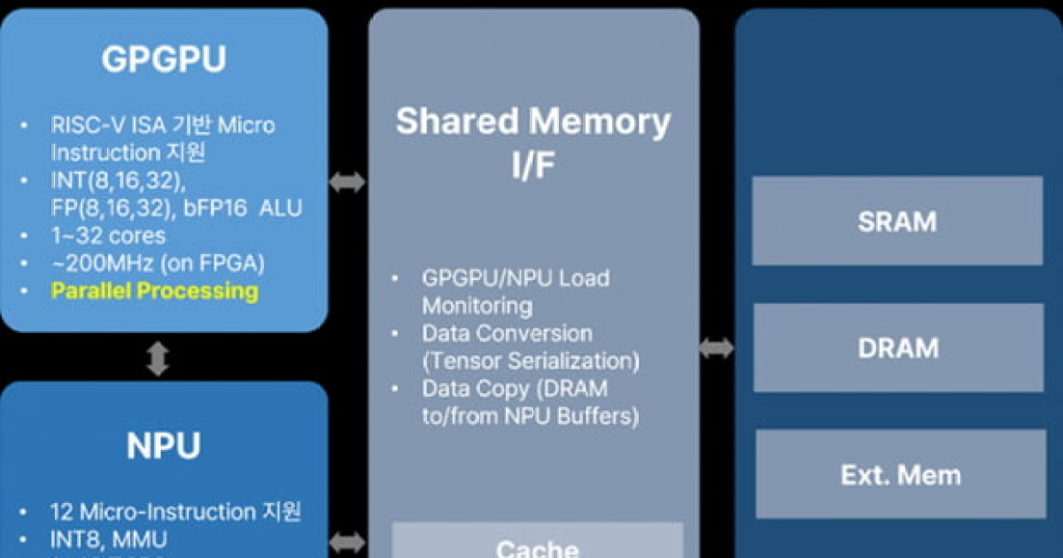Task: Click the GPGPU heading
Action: point(164,60)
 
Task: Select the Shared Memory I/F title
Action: point(532,142)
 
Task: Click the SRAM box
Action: point(897,221)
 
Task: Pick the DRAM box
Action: point(897,348)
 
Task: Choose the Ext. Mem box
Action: point(900,476)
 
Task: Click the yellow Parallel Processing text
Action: point(154,291)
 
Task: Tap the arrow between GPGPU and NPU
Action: point(158,358)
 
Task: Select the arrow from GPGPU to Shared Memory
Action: point(347,182)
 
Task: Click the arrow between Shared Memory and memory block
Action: point(717,349)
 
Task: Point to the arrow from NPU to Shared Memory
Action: point(347,541)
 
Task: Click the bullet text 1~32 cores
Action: point(108,236)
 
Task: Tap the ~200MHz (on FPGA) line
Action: point(158,264)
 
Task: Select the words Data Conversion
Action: point(507,334)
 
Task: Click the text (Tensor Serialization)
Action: point(531,361)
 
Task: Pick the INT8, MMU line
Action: point(108,539)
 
